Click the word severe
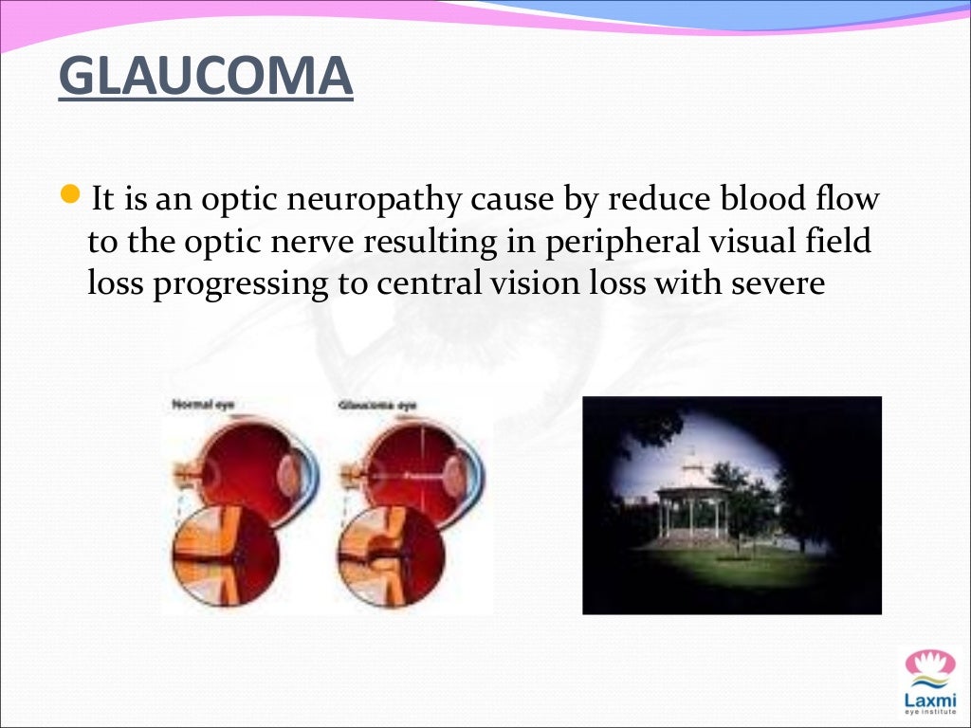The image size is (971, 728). pyautogui.click(x=774, y=283)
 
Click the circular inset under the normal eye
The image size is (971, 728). pyautogui.click(x=218, y=555)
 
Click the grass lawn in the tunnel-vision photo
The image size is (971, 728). pyautogui.click(x=730, y=569)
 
